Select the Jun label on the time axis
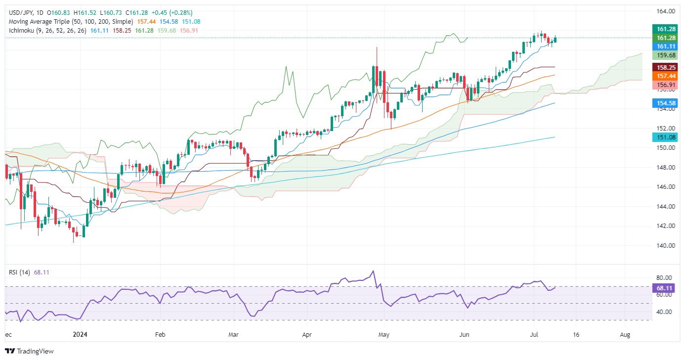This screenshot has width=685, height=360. point(464,334)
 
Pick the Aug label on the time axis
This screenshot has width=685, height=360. point(625,334)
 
